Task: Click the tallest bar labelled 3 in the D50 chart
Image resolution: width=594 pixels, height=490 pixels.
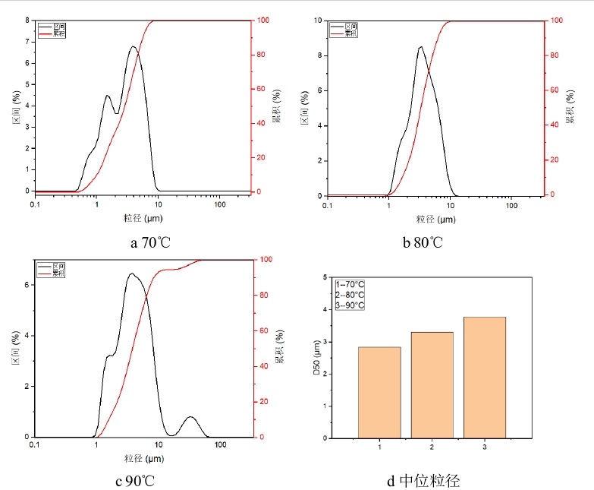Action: tap(484, 377)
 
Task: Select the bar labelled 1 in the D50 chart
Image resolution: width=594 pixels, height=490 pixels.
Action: tap(379, 392)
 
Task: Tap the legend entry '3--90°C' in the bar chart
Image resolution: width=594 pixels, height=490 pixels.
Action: tap(350, 305)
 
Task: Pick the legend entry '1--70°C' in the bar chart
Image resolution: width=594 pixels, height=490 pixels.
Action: tap(350, 284)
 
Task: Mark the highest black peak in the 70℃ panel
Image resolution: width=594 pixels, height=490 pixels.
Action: tap(134, 47)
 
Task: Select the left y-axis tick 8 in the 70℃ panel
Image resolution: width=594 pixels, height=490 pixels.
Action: tap(27, 21)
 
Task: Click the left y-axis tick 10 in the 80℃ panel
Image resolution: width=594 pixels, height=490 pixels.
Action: tap(319, 21)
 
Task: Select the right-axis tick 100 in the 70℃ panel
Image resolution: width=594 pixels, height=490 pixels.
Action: tap(262, 21)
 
